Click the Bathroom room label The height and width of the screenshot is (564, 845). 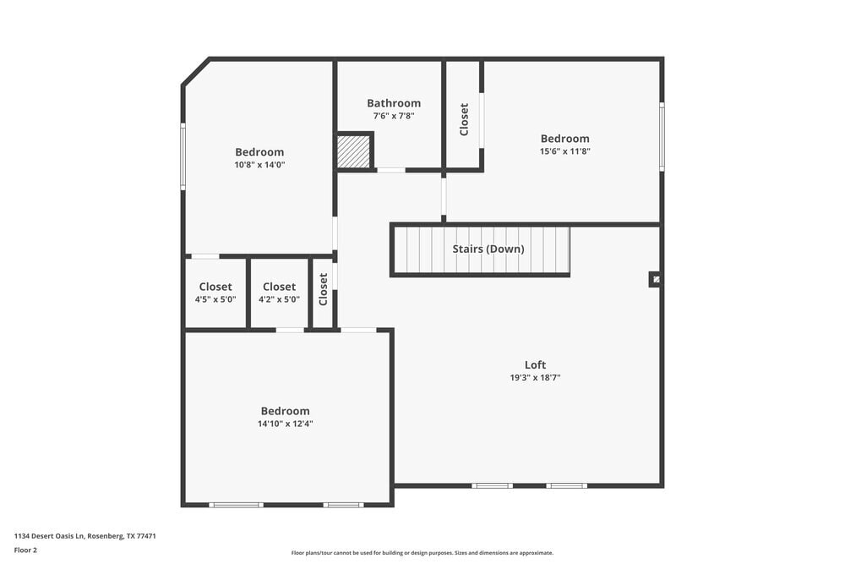[x=393, y=103]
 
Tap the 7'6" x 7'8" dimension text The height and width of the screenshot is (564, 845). [x=393, y=116]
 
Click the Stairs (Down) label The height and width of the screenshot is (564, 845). [x=488, y=249]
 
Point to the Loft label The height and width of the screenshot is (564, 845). [x=535, y=365]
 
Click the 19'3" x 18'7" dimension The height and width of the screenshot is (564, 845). [x=535, y=378]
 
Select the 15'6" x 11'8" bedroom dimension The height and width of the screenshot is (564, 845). [x=564, y=151]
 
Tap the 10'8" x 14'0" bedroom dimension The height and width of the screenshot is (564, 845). [x=259, y=165]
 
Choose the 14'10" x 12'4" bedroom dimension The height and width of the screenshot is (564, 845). [x=285, y=424]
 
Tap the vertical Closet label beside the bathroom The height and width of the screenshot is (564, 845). [x=464, y=119]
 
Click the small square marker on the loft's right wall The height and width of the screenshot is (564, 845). [x=655, y=279]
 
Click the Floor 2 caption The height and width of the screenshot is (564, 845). [x=25, y=550]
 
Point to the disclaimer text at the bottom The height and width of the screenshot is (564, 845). [x=422, y=552]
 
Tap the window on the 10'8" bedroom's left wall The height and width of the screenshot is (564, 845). [x=183, y=156]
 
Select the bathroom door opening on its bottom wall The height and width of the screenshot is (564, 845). [x=390, y=170]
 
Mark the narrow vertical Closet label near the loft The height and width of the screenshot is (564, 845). [x=323, y=289]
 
